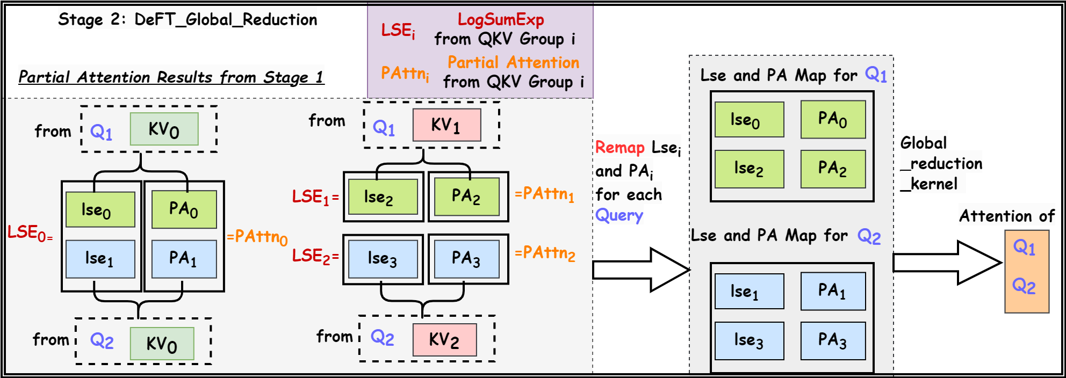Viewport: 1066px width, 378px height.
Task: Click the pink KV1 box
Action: [x=446, y=125]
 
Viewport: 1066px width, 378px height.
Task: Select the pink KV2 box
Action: [x=444, y=340]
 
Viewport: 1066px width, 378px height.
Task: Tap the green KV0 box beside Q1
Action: [x=164, y=129]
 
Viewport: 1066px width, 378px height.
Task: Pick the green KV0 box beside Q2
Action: [x=162, y=344]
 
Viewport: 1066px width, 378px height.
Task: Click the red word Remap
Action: [x=620, y=147]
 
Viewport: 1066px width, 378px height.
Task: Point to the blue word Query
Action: [x=619, y=215]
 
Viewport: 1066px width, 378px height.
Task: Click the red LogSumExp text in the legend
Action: [x=501, y=20]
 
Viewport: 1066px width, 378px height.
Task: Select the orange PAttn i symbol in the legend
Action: [x=405, y=73]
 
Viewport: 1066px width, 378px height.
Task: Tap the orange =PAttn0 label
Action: [x=257, y=237]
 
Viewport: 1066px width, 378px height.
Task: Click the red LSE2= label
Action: [x=315, y=256]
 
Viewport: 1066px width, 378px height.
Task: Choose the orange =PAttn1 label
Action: [x=545, y=194]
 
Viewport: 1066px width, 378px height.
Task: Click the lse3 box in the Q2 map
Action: [x=749, y=340]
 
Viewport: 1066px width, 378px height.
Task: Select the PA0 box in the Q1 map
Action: [x=833, y=119]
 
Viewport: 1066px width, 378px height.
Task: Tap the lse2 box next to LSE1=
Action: [x=383, y=197]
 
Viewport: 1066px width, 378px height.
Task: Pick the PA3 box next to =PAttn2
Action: [x=466, y=259]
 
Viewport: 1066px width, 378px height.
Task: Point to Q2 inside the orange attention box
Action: [x=1024, y=286]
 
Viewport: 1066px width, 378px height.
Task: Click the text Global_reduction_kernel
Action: [x=940, y=163]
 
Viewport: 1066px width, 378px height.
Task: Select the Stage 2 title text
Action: [x=188, y=20]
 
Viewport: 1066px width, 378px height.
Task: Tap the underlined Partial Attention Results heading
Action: [x=171, y=77]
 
